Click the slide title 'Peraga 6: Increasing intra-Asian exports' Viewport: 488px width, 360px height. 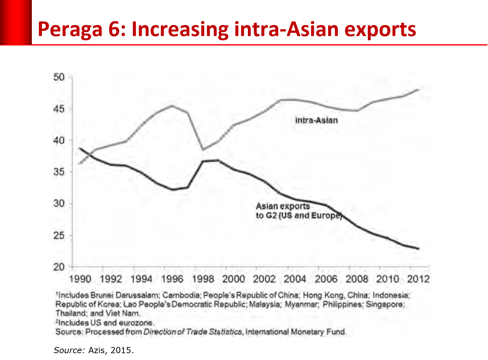point(227,30)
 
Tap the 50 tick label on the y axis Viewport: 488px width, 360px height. point(59,77)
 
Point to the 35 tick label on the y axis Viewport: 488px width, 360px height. point(59,172)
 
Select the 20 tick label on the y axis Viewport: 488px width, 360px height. point(59,267)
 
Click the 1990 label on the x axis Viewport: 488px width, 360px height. point(80,279)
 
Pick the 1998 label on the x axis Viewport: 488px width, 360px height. point(203,279)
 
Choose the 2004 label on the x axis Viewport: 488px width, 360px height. point(295,279)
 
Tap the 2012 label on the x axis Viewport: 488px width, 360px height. point(418,279)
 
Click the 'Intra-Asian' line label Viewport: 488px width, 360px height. point(316,121)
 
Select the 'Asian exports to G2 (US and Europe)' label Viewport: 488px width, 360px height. point(298,211)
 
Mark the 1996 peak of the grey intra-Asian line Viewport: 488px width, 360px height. point(172,106)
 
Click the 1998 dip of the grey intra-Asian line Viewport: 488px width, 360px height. point(203,149)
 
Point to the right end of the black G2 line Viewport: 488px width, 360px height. point(418,249)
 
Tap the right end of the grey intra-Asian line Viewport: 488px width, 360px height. point(418,89)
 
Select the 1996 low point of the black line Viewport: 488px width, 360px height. point(172,189)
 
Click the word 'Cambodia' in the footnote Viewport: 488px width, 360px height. point(181,295)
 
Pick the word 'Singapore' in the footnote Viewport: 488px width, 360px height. point(385,304)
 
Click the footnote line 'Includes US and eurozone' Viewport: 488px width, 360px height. point(105,323)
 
